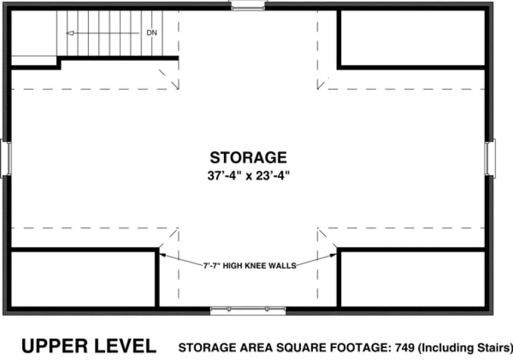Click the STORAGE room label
pos(248,157)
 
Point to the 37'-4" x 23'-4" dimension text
pos(248,176)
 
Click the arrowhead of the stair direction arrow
pos(69,33)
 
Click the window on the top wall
pos(248,5)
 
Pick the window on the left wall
pos(6,158)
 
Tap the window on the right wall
pos(491,157)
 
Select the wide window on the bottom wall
pos(248,311)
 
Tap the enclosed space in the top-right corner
pos(411,38)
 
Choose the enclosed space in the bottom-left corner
pos(83,279)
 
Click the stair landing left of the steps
pos(34,33)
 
